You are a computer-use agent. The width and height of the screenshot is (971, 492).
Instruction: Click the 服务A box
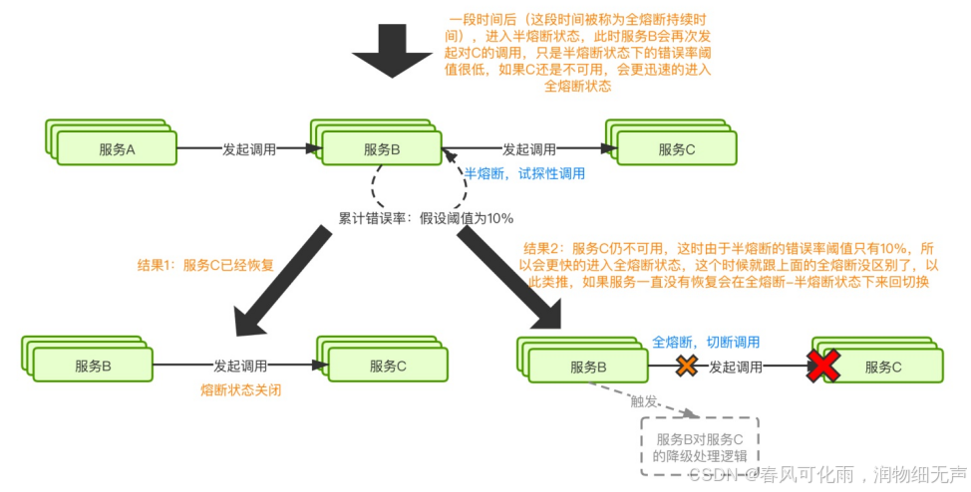pyautogui.click(x=116, y=149)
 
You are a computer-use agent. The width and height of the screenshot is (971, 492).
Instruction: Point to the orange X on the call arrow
pyautogui.click(x=687, y=366)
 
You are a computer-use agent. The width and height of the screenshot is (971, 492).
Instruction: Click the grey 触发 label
pyautogui.click(x=644, y=401)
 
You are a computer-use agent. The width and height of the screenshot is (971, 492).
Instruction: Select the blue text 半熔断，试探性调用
pyautogui.click(x=525, y=173)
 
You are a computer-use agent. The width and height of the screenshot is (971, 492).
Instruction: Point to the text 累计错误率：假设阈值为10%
pyautogui.click(x=426, y=217)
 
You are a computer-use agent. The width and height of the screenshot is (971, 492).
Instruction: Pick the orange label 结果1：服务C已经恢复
pyautogui.click(x=204, y=266)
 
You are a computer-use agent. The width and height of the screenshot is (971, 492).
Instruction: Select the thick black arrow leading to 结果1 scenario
pyautogui.click(x=280, y=281)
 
